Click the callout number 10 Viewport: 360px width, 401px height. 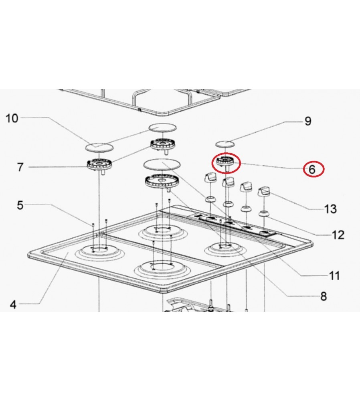tap(12, 118)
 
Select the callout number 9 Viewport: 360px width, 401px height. tap(308, 121)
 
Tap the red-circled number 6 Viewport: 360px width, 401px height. tap(312, 169)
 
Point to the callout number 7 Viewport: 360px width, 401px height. tap(20, 167)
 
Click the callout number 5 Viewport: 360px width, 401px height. tap(20, 205)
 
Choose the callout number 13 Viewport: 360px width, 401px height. tap(330, 209)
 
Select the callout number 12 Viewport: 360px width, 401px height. tap(338, 235)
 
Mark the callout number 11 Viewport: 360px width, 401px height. tap(334, 276)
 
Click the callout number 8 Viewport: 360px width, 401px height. tap(324, 296)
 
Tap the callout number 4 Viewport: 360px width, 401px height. tap(13, 305)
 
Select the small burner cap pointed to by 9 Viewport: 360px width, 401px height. tap(225, 144)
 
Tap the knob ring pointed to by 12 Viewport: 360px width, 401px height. tap(264, 213)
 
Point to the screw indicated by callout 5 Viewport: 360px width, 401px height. tap(93, 225)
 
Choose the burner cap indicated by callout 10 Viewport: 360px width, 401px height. tap(99, 148)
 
